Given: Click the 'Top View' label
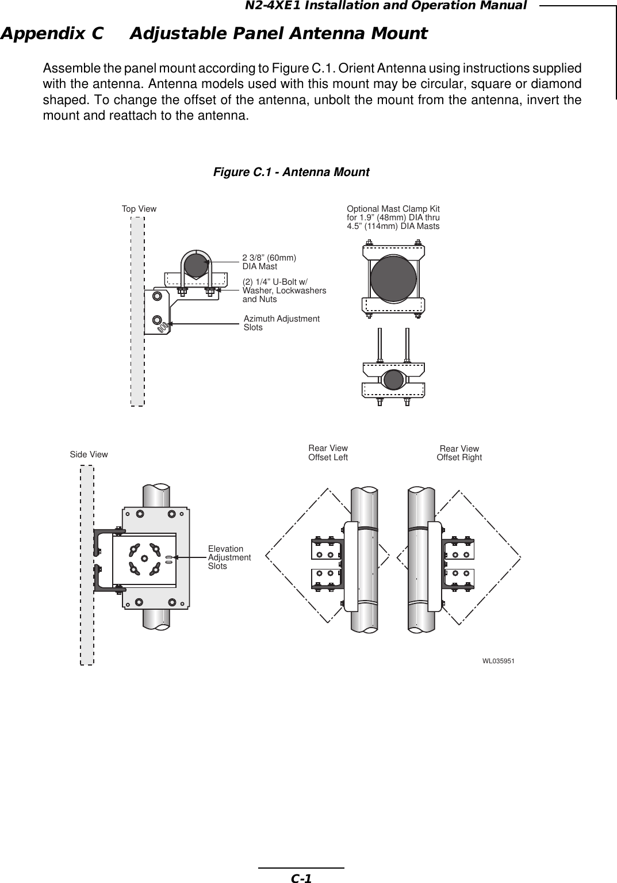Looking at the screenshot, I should (139, 209).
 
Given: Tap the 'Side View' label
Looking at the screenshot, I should (89, 454).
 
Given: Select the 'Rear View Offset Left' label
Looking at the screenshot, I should (328, 453).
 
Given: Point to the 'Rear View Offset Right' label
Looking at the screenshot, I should (459, 453).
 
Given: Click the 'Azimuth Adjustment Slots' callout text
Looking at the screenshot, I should (282, 323).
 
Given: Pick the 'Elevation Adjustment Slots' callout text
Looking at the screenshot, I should (229, 558).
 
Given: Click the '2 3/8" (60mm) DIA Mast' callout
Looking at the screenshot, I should (269, 262).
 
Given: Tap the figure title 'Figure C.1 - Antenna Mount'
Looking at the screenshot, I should (292, 172).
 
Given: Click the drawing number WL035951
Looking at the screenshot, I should (498, 662).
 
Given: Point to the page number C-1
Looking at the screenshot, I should (301, 878).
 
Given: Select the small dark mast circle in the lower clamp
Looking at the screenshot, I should (393, 380).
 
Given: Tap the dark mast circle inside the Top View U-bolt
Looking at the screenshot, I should (196, 266).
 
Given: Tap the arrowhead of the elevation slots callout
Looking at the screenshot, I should (175, 557).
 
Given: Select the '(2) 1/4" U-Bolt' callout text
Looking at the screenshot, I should (284, 291).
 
